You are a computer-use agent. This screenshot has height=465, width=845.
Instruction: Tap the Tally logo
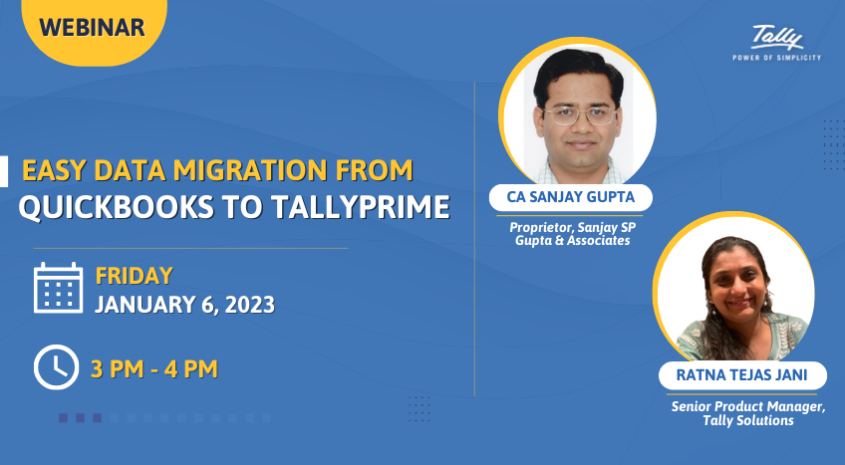(x=776, y=38)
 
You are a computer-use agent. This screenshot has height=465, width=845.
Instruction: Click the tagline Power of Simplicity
(x=776, y=58)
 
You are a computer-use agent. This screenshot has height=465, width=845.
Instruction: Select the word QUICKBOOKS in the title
(x=116, y=207)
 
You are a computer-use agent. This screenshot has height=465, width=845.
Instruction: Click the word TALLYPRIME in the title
(x=361, y=207)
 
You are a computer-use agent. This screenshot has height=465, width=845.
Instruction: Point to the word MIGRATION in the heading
(x=250, y=170)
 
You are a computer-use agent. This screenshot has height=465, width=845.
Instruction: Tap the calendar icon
(x=58, y=288)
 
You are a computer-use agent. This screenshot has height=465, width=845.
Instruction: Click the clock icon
(x=56, y=367)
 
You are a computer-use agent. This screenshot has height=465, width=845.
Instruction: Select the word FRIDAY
(x=135, y=276)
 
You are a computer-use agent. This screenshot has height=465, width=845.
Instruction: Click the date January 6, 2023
(x=185, y=305)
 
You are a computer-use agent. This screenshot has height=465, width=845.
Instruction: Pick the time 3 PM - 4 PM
(x=154, y=369)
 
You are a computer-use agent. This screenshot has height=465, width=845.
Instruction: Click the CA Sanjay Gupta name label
(x=571, y=197)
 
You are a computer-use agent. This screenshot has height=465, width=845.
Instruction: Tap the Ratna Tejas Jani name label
(x=742, y=375)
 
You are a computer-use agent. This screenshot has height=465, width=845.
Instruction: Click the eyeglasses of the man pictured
(x=580, y=116)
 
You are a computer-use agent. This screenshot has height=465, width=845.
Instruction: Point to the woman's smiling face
(x=736, y=284)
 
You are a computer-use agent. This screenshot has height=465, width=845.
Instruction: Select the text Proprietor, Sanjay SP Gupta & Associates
(x=572, y=234)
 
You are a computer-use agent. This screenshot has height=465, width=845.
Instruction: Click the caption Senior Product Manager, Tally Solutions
(x=748, y=413)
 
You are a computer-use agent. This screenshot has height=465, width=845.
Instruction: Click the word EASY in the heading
(x=54, y=170)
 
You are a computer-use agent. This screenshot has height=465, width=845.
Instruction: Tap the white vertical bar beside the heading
(x=4, y=171)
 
